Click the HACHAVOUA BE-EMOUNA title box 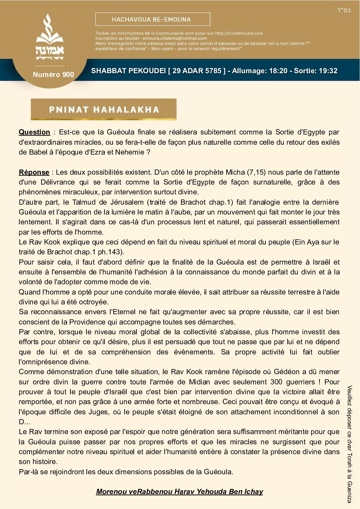click(x=152, y=19)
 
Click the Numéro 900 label click(x=53, y=74)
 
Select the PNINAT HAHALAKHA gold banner click(x=103, y=109)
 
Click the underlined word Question click(x=34, y=132)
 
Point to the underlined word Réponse click(x=34, y=172)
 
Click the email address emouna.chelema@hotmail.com click(x=175, y=38)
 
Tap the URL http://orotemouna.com click(x=239, y=33)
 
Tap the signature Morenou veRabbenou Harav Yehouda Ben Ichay click(x=179, y=491)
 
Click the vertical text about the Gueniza click(x=349, y=444)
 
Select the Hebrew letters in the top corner click(x=344, y=10)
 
